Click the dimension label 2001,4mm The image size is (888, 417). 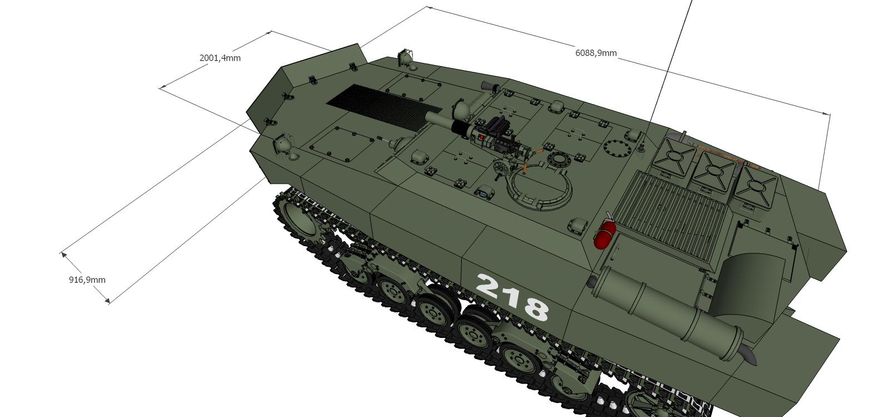tap(220, 58)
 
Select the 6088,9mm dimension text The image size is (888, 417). tap(596, 53)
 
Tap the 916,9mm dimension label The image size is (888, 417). tap(87, 279)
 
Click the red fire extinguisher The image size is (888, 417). tap(605, 235)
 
